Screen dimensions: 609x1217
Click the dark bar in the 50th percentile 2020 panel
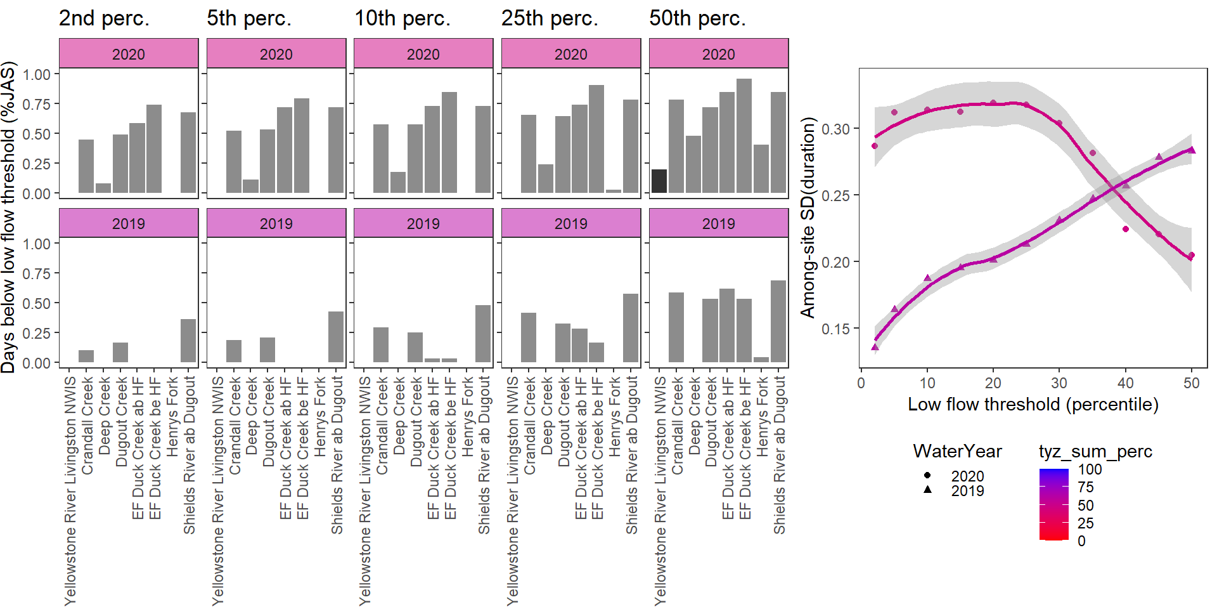[659, 181]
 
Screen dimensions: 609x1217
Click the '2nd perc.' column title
[104, 18]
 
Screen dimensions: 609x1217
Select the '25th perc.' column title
[550, 18]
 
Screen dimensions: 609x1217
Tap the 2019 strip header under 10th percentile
[423, 223]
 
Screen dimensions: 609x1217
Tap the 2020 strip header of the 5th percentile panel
[276, 54]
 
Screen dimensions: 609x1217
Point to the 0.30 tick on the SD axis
[835, 129]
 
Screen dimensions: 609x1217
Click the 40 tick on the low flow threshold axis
[1125, 383]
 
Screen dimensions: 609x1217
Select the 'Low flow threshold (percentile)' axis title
[1033, 405]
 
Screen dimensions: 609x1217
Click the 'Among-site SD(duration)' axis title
[808, 217]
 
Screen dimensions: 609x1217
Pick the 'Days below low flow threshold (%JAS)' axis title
[8, 217]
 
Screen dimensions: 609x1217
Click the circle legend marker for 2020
[927, 475]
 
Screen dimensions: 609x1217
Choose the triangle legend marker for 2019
[927, 490]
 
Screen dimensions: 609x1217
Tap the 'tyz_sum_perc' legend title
[1095, 452]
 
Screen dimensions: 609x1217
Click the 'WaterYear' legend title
[957, 452]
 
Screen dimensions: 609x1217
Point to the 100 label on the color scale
[1090, 469]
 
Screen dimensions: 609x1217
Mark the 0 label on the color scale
[1081, 541]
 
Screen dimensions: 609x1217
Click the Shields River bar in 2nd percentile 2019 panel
[188, 341]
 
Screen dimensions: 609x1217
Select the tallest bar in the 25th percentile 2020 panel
[596, 139]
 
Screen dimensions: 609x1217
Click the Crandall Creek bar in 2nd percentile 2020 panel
[86, 166]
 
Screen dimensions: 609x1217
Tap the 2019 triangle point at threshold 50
[1192, 150]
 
